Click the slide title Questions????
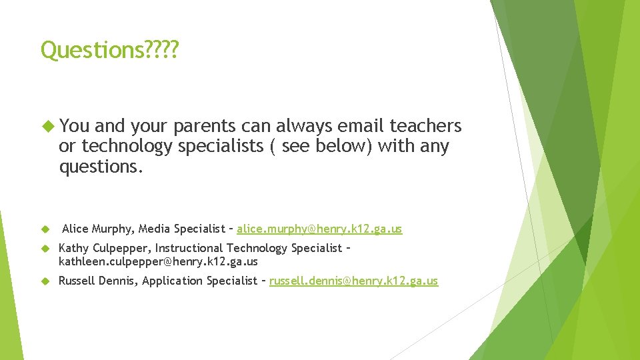pos(109,50)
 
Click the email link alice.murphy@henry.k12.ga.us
pos(319,229)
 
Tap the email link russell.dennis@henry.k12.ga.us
pos(353,281)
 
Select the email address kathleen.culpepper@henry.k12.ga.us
pos(158,262)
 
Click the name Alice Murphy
pos(99,229)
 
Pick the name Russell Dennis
pos(97,281)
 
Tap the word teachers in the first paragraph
pos(425,125)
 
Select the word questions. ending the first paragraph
pos(101,167)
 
